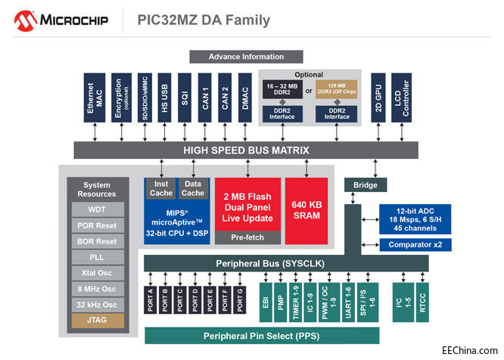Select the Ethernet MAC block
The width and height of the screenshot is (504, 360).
(95, 98)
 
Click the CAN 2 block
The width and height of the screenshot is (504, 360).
(224, 98)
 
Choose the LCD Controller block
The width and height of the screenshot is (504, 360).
(401, 98)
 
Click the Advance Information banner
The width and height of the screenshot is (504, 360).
(246, 57)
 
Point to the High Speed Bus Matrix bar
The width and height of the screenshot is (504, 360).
(246, 151)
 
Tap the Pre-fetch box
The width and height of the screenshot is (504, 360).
(247, 237)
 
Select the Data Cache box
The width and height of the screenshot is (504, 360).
(192, 188)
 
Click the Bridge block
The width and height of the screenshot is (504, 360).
(366, 185)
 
